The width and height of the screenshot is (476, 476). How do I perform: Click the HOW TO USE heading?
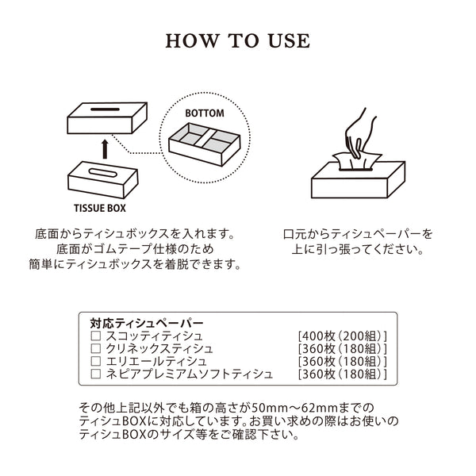(238, 41)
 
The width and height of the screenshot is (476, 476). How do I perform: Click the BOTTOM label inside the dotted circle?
(205, 113)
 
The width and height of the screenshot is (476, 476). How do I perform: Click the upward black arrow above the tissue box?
(105, 147)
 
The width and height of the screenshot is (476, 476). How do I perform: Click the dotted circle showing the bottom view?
(205, 142)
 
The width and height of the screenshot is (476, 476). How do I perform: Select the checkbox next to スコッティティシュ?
(95, 336)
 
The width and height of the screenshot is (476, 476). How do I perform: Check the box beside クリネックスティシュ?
(95, 349)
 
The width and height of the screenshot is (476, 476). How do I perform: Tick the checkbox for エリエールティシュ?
(95, 361)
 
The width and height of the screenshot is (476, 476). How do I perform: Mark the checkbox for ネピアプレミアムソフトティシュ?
(95, 374)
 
